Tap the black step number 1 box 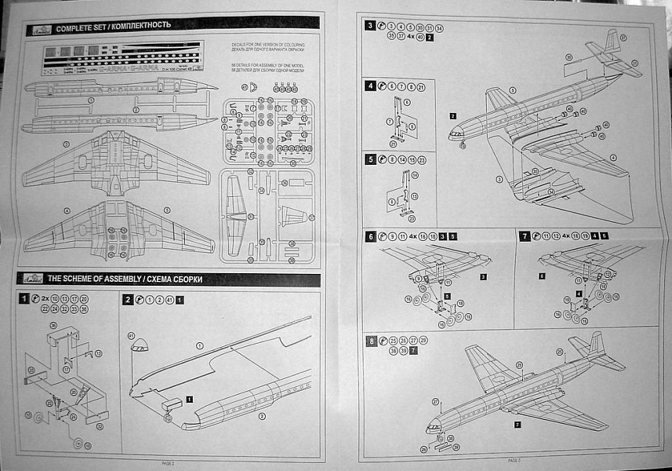[x=25, y=299]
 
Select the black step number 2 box [x=128, y=299]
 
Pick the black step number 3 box [x=370, y=26]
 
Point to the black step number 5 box [x=370, y=159]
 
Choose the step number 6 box [x=370, y=235]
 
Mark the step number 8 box [x=370, y=341]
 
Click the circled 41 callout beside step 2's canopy [x=130, y=336]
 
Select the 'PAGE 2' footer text [x=168, y=463]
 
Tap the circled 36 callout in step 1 [x=53, y=325]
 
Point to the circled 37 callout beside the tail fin [x=623, y=37]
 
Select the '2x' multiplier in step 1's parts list [x=45, y=299]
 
